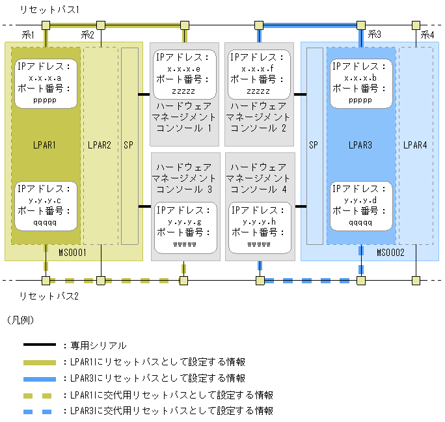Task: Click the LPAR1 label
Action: (46, 145)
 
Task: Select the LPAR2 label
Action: (100, 145)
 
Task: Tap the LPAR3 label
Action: (360, 145)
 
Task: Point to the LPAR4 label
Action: (415, 145)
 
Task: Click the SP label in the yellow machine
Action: (128, 145)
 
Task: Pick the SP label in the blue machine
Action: (313, 145)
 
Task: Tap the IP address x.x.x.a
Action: (46, 77)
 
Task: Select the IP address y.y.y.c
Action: (46, 200)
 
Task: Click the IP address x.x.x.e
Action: (184, 68)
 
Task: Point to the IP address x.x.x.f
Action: (259, 68)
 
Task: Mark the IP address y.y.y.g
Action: (184, 221)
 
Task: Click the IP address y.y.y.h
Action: (259, 221)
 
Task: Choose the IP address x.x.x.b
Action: (360, 77)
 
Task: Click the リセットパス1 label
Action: (49, 10)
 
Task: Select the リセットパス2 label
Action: (49, 296)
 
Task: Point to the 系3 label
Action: (375, 34)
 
